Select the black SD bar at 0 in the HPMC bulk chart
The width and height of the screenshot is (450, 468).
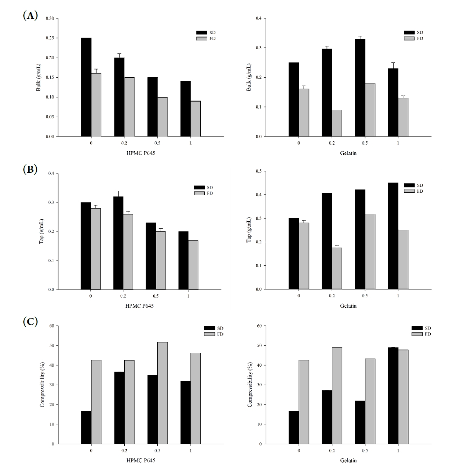click(86, 87)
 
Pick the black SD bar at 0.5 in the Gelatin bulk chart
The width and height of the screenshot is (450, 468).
click(360, 88)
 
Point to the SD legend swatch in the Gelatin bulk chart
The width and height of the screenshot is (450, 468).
click(410, 32)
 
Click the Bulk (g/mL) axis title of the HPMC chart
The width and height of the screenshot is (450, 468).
click(38, 77)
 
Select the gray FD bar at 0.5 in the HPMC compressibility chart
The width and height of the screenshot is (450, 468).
click(162, 393)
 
